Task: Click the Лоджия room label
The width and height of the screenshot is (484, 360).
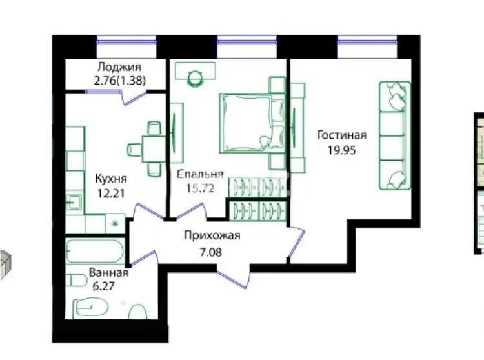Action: pyautogui.click(x=119, y=67)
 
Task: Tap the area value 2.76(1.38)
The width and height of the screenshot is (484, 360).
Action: pyautogui.click(x=119, y=81)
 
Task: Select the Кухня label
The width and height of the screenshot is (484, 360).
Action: pyautogui.click(x=111, y=179)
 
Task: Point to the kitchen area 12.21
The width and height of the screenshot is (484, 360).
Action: pyautogui.click(x=111, y=193)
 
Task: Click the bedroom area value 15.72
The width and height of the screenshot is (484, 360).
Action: pyautogui.click(x=198, y=188)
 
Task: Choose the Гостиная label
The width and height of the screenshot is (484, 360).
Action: pyautogui.click(x=341, y=135)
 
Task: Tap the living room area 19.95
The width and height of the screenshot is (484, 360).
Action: pyautogui.click(x=341, y=149)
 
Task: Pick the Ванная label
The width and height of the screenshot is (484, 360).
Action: pyautogui.click(x=109, y=272)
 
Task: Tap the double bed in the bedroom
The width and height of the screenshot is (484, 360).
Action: pyautogui.click(x=252, y=123)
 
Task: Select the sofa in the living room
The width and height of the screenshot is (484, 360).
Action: pyautogui.click(x=394, y=135)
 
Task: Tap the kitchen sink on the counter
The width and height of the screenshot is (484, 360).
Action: pyautogui.click(x=72, y=201)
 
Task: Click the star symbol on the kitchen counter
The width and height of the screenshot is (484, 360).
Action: pyautogui.click(x=116, y=224)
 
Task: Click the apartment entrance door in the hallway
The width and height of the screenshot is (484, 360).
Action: pyautogui.click(x=234, y=275)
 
